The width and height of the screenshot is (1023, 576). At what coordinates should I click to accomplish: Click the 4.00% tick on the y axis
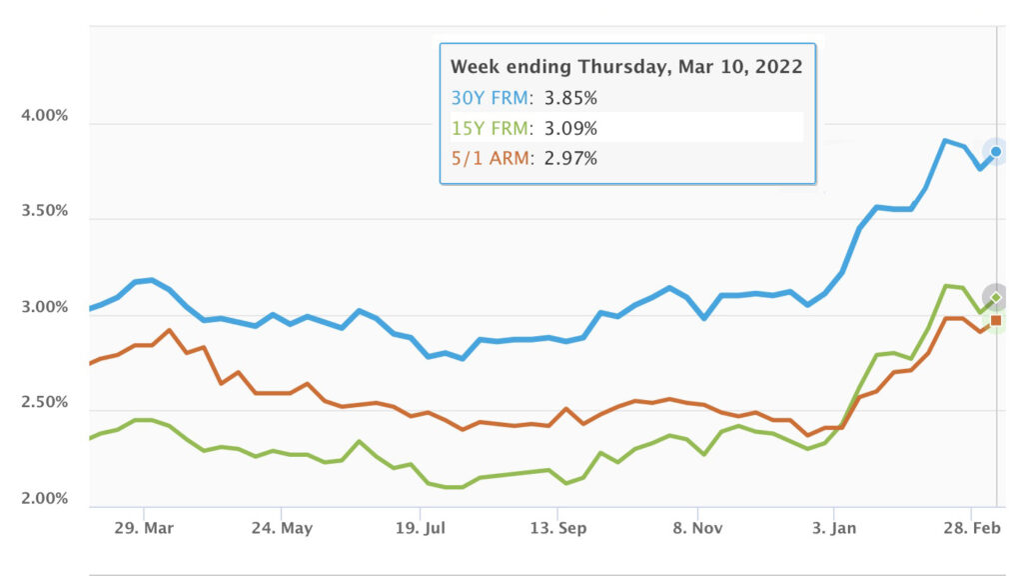(x=44, y=116)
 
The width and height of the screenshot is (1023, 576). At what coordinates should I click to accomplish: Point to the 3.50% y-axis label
(x=44, y=212)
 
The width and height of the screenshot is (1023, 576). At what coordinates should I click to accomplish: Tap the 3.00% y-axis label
(x=44, y=308)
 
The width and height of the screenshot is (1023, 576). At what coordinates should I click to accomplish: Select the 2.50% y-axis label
(x=44, y=403)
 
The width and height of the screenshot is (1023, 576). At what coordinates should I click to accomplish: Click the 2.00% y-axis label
(x=44, y=499)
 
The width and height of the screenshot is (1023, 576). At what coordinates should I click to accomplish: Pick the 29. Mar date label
(x=145, y=527)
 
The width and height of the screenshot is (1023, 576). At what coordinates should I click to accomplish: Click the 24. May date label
(x=283, y=527)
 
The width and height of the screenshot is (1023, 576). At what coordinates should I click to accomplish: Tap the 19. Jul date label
(x=421, y=527)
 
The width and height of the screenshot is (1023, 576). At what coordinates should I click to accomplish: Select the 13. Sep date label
(x=558, y=527)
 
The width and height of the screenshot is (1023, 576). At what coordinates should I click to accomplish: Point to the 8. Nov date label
(x=696, y=527)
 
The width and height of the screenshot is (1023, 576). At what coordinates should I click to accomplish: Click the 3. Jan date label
(x=834, y=527)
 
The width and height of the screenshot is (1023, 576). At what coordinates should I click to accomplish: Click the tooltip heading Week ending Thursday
(x=626, y=67)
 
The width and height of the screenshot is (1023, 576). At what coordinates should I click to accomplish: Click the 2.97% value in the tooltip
(x=570, y=158)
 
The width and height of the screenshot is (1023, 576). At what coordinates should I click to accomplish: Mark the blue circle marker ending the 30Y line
(x=995, y=152)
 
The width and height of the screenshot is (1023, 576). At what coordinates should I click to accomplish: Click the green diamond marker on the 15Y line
(x=995, y=297)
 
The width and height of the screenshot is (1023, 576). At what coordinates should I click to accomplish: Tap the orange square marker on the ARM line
(x=995, y=320)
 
